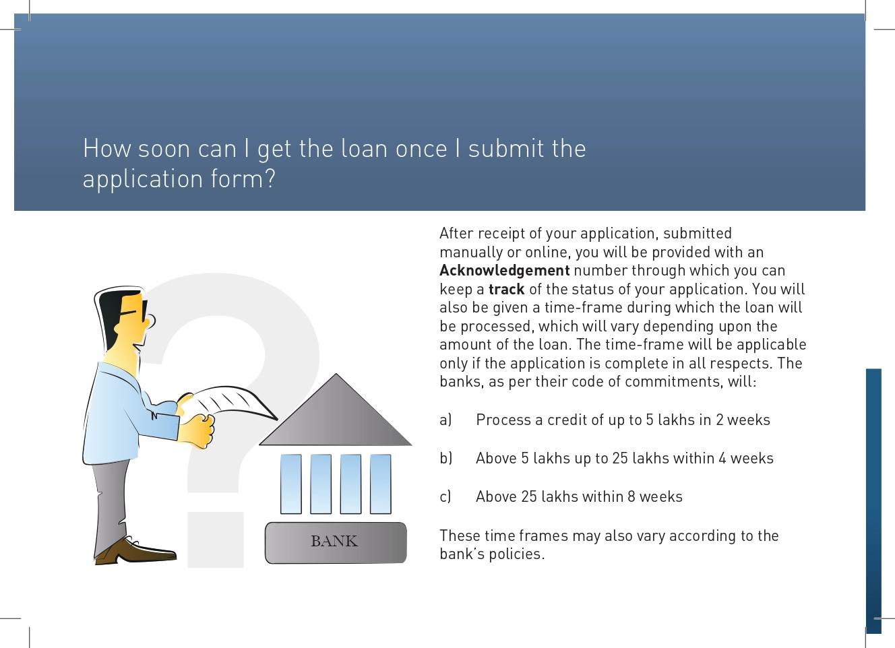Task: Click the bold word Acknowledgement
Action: [x=505, y=271]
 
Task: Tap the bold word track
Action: [x=506, y=289]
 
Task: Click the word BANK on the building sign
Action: [x=334, y=541]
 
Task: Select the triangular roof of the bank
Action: [x=336, y=415]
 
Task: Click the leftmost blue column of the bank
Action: [x=291, y=484]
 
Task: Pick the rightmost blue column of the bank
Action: [x=380, y=484]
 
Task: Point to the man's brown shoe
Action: [x=136, y=551]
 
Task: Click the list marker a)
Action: [x=445, y=420]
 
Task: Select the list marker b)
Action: [x=446, y=458]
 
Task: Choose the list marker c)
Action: [x=445, y=496]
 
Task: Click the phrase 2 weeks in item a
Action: [x=743, y=420]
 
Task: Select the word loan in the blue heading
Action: [x=365, y=148]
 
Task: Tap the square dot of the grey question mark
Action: [x=216, y=540]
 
